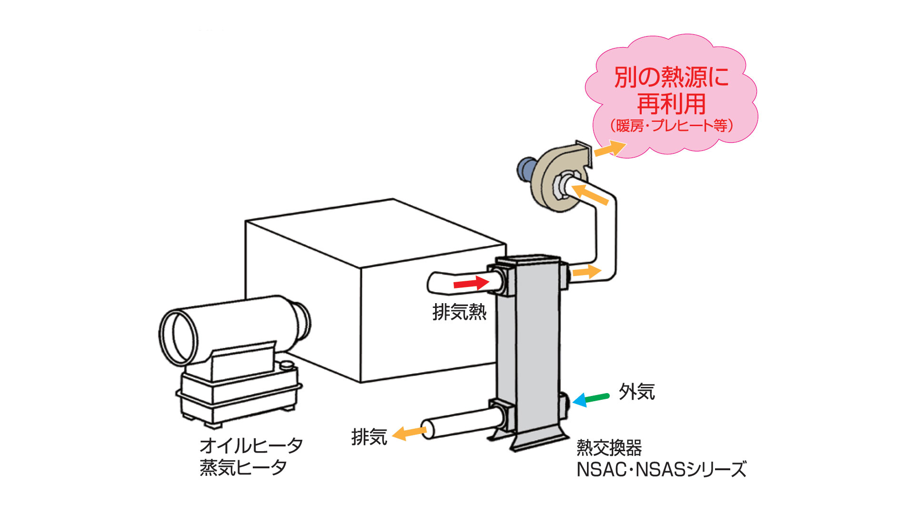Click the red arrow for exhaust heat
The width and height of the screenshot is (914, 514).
tap(471, 284)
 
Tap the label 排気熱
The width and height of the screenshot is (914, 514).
tap(459, 312)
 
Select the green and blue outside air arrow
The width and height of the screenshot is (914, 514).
tap(591, 399)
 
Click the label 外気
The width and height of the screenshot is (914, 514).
tap(636, 392)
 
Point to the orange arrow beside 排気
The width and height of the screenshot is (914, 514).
tap(409, 433)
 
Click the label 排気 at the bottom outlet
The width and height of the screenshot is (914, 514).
tap(369, 437)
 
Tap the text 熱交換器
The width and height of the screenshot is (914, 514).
tap(609, 447)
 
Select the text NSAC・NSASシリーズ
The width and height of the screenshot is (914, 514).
tap(661, 470)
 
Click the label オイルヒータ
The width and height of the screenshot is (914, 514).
tap(251, 446)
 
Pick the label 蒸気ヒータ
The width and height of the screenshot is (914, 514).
tap(243, 468)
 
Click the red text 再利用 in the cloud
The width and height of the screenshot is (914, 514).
tap(671, 104)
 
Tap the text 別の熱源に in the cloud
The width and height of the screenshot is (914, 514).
tap(671, 77)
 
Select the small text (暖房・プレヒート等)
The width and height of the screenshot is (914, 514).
tap(671, 126)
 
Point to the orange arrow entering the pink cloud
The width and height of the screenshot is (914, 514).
tap(610, 149)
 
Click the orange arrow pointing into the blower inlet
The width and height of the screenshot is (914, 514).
tap(590, 194)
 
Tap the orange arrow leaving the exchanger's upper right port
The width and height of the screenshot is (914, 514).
tap(586, 272)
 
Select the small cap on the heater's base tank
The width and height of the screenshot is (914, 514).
tap(287, 366)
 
